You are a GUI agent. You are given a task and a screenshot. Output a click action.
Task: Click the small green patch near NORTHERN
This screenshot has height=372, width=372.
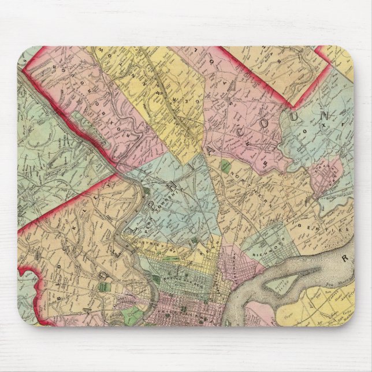click(x=225, y=168)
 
